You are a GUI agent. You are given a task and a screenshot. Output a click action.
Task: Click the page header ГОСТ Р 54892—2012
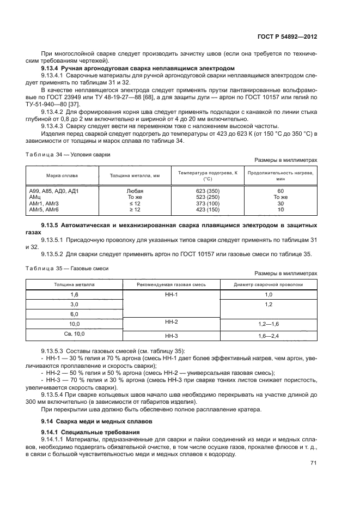pyautogui.click(x=287, y=37)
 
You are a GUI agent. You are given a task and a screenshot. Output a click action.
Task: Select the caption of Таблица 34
pyautogui.click(x=68, y=154)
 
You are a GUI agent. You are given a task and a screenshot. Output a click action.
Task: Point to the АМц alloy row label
pyautogui.click(x=35, y=197)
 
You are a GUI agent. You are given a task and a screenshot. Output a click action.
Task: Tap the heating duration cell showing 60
pyautogui.click(x=280, y=191)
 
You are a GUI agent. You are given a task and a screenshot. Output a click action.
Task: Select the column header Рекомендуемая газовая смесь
pyautogui.click(x=172, y=284)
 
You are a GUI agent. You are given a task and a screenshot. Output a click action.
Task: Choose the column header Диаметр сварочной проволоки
pyautogui.click(x=268, y=284)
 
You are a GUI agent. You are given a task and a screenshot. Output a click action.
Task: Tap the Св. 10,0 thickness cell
pyautogui.click(x=75, y=333)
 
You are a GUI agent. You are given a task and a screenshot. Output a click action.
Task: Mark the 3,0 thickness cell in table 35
pyautogui.click(x=75, y=304)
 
